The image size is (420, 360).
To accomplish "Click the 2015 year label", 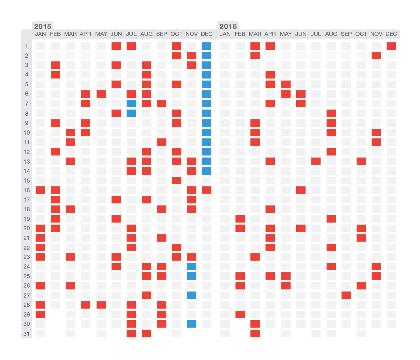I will [x=42, y=27].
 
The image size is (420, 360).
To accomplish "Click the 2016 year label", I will [x=228, y=27].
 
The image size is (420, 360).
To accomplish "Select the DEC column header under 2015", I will [x=207, y=34].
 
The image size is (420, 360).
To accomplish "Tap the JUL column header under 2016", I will [x=316, y=34].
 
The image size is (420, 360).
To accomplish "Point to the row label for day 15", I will [x=27, y=181].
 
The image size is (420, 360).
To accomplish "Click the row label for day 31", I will [x=27, y=334].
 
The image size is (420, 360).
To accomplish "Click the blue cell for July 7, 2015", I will [x=131, y=104].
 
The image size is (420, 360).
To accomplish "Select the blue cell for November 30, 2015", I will [x=192, y=324].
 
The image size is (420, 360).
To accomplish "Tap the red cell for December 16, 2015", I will [x=207, y=190].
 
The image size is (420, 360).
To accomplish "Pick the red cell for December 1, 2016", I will [x=391, y=46].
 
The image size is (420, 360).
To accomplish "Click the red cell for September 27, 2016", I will [x=346, y=295].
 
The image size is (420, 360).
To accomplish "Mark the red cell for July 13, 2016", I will [x=316, y=161].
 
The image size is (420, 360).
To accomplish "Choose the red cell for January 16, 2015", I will [x=40, y=190].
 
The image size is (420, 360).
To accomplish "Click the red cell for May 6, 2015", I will [x=101, y=94].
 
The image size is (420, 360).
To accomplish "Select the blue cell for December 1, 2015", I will [x=207, y=46].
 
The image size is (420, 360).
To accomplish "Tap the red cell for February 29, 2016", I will [x=240, y=314].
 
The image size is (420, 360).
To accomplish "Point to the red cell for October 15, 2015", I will [x=177, y=181].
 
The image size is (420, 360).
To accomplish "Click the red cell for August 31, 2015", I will [x=147, y=333].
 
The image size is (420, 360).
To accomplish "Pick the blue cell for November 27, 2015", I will [x=192, y=295].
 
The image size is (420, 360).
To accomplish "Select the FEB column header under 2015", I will [x=55, y=34].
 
